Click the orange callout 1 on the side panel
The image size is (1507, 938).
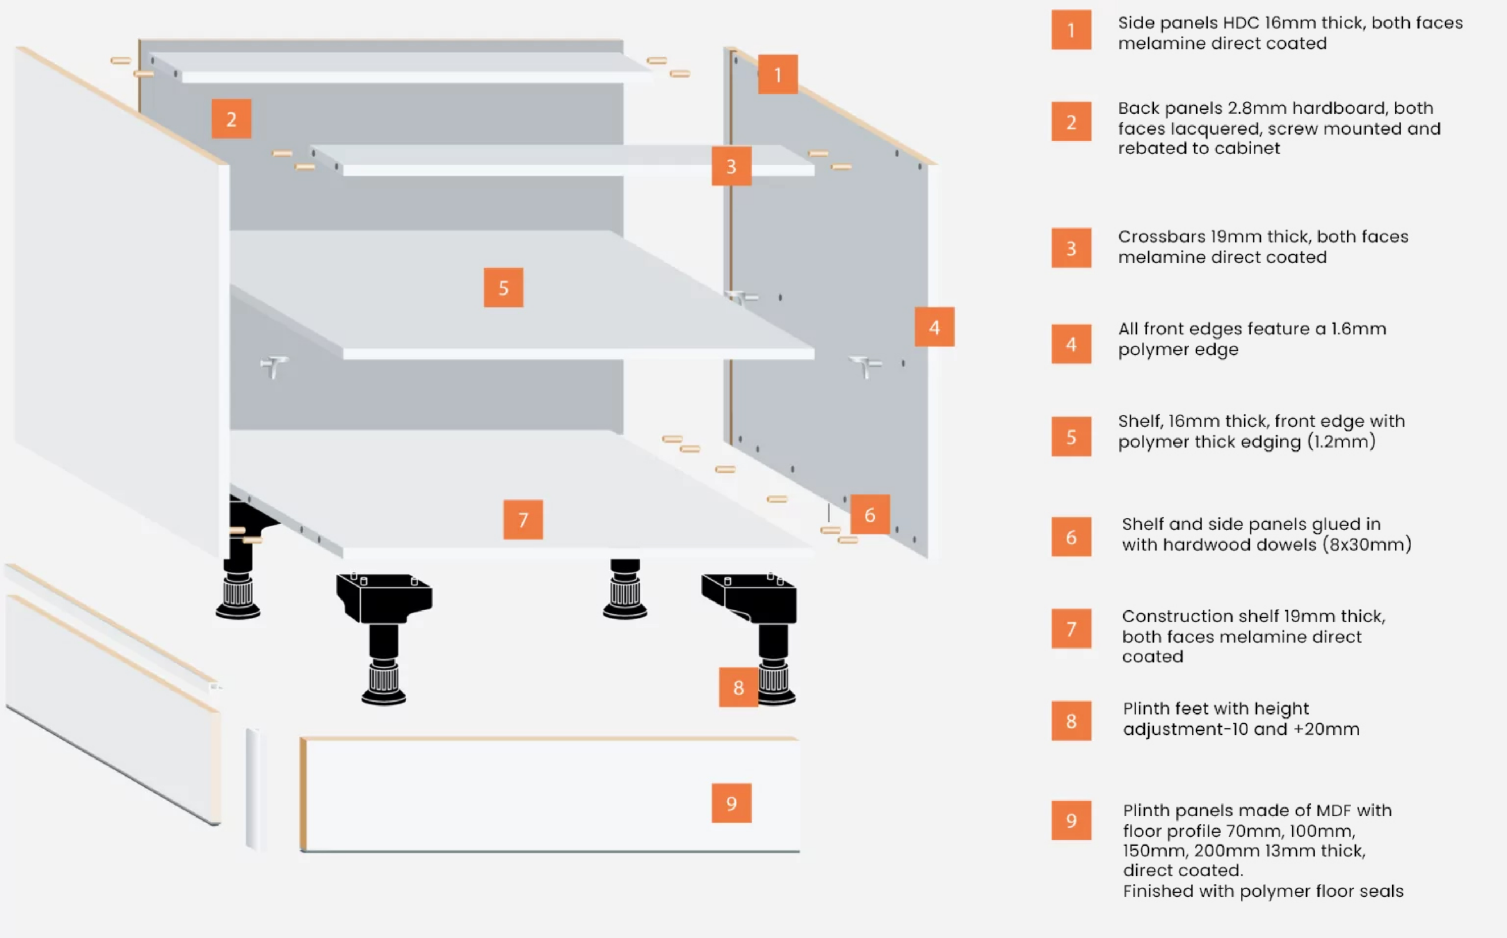point(778,75)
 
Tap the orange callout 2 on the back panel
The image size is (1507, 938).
point(231,118)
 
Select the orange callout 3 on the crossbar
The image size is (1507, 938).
point(731,167)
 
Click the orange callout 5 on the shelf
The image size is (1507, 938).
point(503,287)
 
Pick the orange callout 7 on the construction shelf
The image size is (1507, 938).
point(522,519)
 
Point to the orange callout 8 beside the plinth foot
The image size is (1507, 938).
point(738,687)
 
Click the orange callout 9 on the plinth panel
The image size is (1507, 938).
point(731,803)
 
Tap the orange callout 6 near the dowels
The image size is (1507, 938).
point(869,514)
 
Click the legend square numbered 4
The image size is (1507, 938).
point(1071,344)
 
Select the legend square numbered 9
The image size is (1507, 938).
point(1071,820)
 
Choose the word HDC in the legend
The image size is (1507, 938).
point(1241,23)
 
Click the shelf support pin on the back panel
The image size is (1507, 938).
point(273,365)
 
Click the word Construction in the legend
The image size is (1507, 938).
point(1169,616)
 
